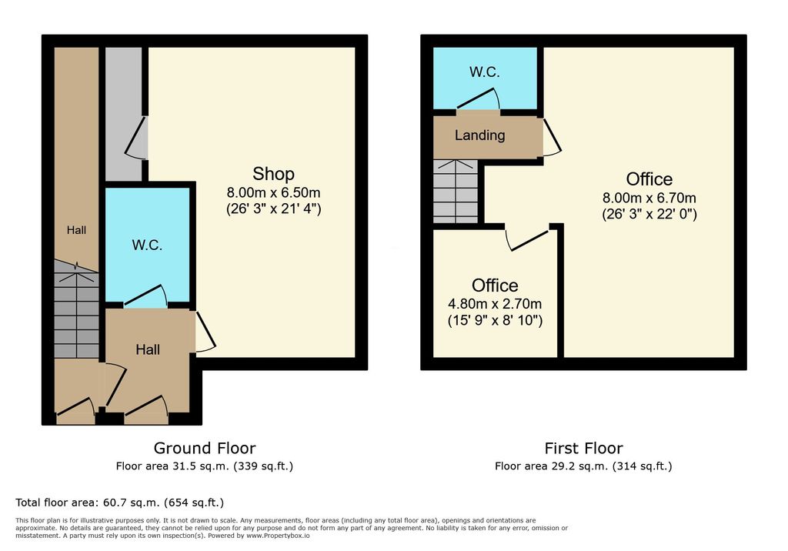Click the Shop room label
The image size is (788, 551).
coord(273,174)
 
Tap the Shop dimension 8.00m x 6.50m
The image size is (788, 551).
coord(273,192)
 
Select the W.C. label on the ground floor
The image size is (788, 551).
coord(147,245)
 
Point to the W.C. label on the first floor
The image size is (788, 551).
coord(485,72)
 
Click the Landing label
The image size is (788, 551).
coord(480,135)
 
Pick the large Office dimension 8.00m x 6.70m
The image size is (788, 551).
coord(649,198)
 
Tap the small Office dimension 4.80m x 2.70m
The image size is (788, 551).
coord(495,304)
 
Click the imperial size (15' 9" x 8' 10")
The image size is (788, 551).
coord(495,320)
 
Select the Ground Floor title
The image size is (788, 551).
coord(205,448)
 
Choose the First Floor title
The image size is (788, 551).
coord(583,448)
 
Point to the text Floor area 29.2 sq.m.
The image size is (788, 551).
coord(552,466)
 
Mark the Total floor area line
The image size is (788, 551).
coord(119,503)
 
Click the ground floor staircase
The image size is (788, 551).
coord(76,309)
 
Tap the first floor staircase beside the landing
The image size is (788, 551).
coord(456,192)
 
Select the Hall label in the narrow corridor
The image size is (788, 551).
coord(76,230)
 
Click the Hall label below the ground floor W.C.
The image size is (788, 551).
coord(148,350)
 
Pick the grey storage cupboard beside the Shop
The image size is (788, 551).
coord(123,114)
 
